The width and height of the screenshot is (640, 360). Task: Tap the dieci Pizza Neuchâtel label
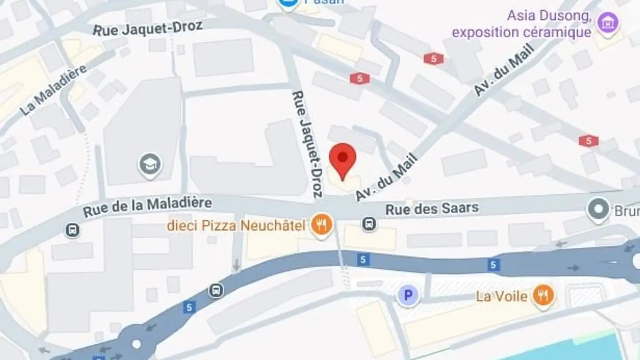click(x=236, y=226)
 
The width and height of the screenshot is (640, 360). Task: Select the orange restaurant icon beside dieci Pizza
click(x=322, y=225)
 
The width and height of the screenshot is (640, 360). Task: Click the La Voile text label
click(x=501, y=296)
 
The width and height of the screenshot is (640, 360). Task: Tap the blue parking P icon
click(x=408, y=296)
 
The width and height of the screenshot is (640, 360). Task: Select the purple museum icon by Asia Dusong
click(x=607, y=23)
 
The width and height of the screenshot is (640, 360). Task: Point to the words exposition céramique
click(x=521, y=32)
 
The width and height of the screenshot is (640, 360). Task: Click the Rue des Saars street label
click(x=432, y=208)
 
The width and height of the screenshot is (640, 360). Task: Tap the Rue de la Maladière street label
click(x=147, y=208)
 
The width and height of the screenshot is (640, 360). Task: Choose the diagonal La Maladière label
click(x=53, y=90)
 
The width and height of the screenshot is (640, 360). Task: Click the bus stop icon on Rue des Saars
click(x=369, y=224)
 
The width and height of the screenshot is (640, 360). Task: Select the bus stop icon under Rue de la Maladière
click(x=72, y=230)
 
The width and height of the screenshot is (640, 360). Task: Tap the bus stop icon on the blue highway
click(x=216, y=291)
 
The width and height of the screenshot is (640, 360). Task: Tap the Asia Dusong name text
click(x=549, y=16)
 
